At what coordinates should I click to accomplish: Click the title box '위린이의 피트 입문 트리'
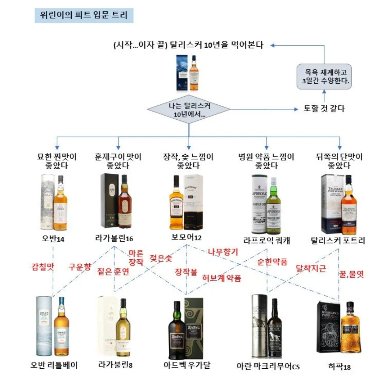(84, 16)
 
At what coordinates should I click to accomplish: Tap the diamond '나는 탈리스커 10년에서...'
(189, 109)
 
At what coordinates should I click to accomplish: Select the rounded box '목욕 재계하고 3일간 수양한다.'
(324, 76)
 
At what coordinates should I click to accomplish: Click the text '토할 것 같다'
(324, 109)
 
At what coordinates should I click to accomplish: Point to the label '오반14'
(53, 239)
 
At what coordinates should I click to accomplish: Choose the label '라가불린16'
(114, 239)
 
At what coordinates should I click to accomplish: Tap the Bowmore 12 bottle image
(177, 202)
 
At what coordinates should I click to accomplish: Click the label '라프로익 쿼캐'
(267, 241)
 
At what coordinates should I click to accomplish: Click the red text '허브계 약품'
(222, 278)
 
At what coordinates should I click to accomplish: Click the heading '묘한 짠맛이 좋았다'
(57, 161)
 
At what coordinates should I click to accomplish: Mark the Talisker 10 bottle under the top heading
(193, 73)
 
